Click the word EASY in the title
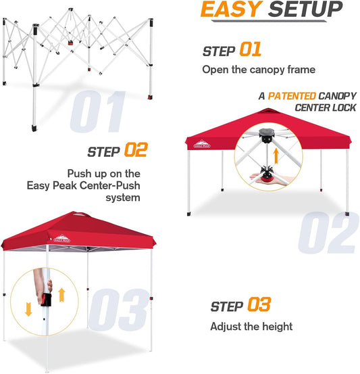click(x=229, y=10)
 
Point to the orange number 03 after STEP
click(x=259, y=304)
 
